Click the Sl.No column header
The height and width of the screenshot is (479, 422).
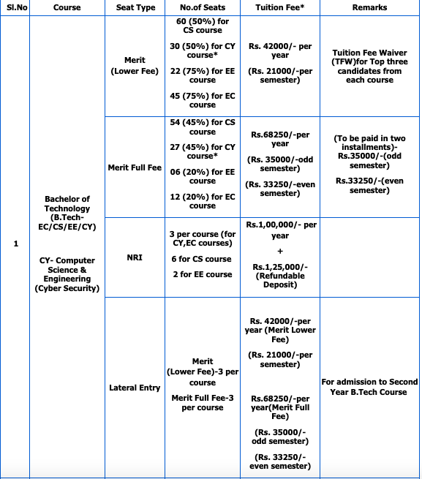click(x=15, y=8)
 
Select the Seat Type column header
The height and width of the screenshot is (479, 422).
click(x=135, y=8)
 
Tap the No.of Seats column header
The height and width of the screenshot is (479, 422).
click(x=202, y=8)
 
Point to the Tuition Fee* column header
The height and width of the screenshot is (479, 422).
click(x=280, y=8)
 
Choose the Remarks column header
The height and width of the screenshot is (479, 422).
click(x=369, y=8)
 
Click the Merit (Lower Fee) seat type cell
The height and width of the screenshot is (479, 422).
click(x=135, y=66)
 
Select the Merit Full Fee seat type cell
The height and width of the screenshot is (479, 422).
click(x=135, y=167)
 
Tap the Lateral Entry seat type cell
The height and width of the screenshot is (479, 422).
click(x=135, y=388)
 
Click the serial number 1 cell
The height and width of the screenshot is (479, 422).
click(x=15, y=244)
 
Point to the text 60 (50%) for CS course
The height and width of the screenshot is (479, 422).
click(x=203, y=26)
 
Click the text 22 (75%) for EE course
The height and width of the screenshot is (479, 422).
click(x=203, y=75)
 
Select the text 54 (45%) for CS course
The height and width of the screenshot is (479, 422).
click(x=203, y=127)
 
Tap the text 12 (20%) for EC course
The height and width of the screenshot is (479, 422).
click(x=203, y=201)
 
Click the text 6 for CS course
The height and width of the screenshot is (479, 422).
click(x=202, y=259)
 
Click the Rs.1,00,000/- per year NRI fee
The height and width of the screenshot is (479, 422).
click(x=281, y=230)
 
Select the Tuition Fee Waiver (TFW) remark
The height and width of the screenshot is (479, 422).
click(x=369, y=67)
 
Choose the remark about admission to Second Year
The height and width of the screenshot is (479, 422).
click(x=369, y=387)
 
